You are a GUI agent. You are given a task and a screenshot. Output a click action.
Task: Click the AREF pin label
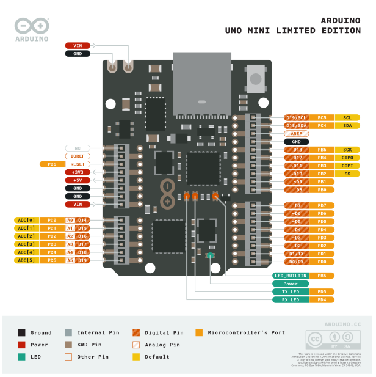297,133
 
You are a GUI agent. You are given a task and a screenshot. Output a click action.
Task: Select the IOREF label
78,156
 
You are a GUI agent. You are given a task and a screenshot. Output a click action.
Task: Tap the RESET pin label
78,164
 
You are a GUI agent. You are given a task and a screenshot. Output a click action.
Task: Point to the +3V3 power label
78,172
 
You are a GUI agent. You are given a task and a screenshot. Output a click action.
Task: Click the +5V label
78,180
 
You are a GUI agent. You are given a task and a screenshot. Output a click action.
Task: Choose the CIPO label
347,158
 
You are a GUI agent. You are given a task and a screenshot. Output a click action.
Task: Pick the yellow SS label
347,174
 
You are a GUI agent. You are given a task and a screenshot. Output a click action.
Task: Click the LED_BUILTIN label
291,276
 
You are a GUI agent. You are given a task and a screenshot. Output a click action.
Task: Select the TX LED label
291,292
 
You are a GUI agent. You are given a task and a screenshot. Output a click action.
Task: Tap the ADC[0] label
26,220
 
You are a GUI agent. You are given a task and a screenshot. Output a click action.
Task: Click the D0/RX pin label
297,262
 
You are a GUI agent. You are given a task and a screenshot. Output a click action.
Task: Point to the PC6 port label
52,164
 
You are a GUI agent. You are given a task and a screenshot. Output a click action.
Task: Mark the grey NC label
78,148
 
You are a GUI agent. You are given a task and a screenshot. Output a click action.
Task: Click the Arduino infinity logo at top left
32,26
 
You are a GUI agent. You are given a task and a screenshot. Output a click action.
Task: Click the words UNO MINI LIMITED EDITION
292,31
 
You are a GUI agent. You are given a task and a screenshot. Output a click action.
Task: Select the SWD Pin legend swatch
68,345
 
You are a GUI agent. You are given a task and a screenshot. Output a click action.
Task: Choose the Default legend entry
155,357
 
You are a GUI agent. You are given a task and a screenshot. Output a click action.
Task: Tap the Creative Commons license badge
330,340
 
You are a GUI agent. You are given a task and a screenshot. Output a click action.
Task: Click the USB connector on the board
202,82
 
